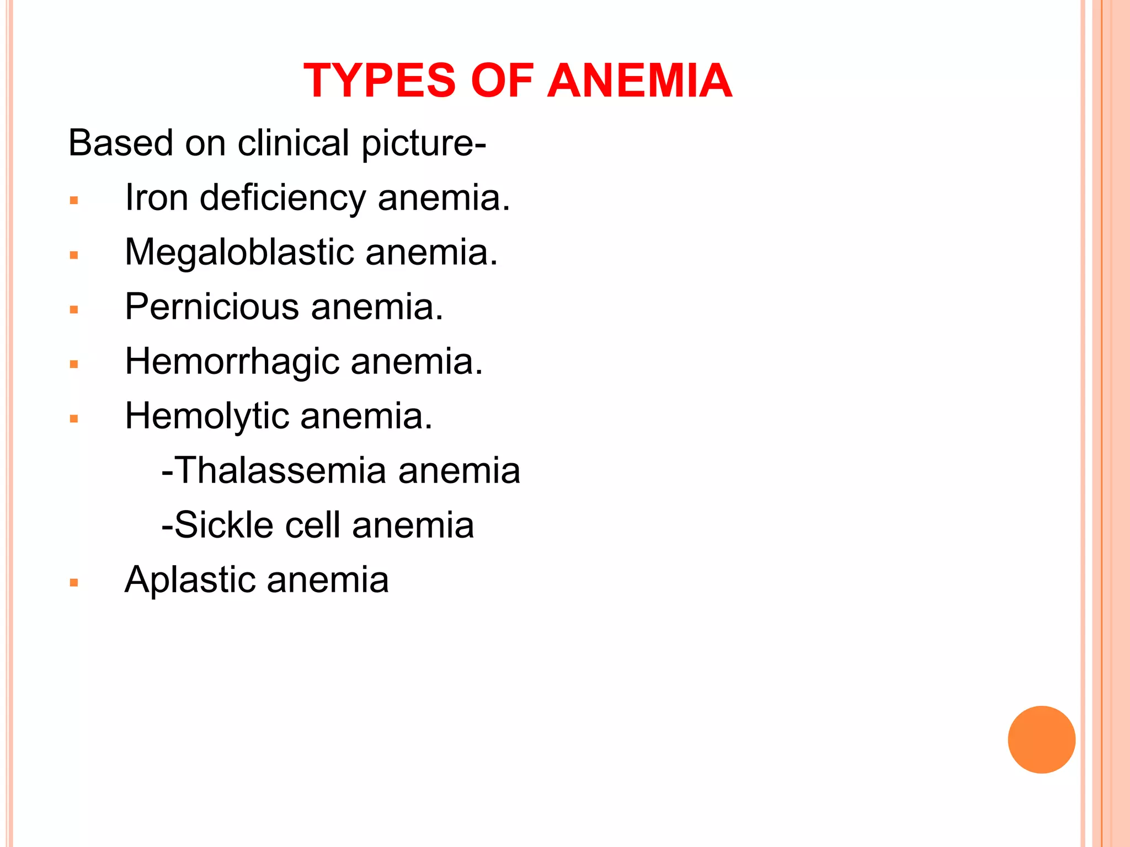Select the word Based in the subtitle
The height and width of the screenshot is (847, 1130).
click(121, 143)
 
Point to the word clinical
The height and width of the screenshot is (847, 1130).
click(294, 143)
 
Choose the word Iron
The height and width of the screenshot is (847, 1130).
click(156, 197)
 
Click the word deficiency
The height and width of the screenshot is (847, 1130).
click(282, 199)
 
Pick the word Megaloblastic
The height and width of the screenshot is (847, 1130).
click(239, 253)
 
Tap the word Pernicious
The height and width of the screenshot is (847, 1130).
click(212, 307)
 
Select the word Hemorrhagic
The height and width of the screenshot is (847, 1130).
click(232, 362)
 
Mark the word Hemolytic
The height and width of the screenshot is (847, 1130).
click(207, 416)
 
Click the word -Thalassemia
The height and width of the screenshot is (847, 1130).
click(274, 470)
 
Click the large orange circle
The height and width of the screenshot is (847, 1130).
click(1041, 739)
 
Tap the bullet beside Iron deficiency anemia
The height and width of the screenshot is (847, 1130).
click(74, 201)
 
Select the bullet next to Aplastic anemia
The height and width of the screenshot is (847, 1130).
click(74, 583)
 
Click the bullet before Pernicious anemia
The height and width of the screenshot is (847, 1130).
click(74, 310)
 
